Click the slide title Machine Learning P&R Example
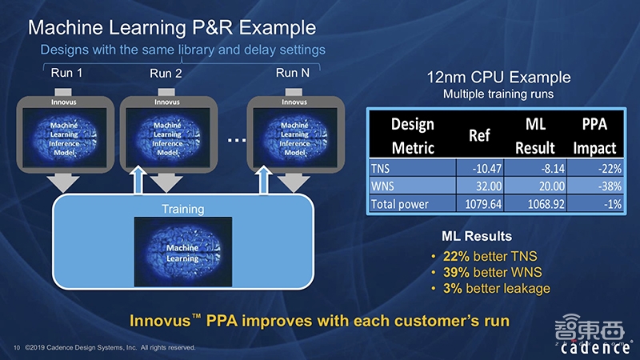coord(171,28)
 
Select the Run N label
coord(293,73)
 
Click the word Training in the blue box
coord(182,210)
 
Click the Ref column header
coord(478,136)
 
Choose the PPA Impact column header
coord(594,136)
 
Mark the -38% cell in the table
coord(606,186)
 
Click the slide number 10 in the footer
coord(17,348)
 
